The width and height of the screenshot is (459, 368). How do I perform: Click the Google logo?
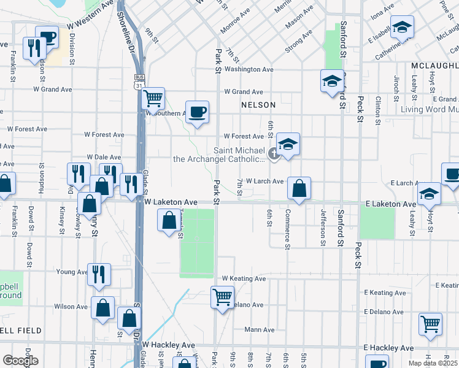point(20,361)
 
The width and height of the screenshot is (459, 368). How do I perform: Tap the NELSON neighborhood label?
point(258,105)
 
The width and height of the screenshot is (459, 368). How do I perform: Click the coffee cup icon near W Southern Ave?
point(197,112)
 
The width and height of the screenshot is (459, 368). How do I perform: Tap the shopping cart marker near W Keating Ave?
point(222,297)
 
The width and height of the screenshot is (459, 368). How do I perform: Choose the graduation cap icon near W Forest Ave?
point(287,145)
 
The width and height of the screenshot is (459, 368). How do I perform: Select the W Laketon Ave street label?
point(171,202)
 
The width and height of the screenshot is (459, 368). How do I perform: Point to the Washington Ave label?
point(249,69)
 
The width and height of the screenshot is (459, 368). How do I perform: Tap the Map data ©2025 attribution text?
point(433,363)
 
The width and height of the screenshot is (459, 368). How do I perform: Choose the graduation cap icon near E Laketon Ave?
point(430,194)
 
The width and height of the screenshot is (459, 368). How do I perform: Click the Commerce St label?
point(287,229)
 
